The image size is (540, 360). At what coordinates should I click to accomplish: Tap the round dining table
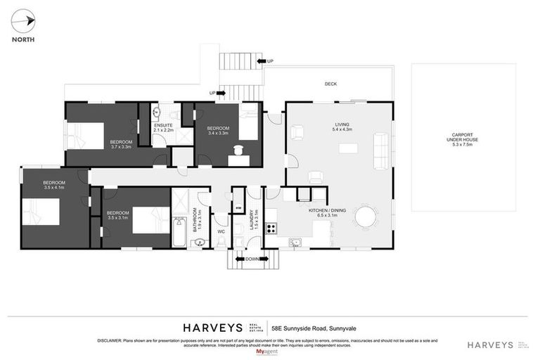(366, 216)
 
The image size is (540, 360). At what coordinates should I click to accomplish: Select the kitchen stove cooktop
(271, 228)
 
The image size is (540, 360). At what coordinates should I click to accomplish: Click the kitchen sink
(296, 243)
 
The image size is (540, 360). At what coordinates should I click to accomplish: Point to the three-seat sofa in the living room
(380, 149)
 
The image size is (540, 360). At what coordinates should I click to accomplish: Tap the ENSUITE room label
(162, 126)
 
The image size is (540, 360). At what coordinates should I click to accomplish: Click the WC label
(221, 231)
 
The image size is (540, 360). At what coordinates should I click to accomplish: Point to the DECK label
(330, 84)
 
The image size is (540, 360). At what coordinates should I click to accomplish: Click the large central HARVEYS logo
(214, 327)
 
